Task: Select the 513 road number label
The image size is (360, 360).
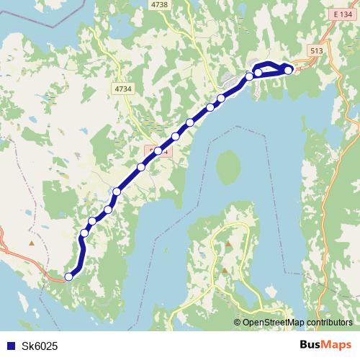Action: coord(317,50)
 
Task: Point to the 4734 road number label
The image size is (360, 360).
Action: coord(123,88)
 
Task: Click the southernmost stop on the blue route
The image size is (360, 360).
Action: coord(69,276)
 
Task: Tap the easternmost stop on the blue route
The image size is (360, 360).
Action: coord(289,70)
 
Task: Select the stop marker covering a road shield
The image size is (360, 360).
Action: coord(158,151)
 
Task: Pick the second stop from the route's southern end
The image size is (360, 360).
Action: coord(84,233)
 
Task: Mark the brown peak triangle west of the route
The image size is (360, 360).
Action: coord(31,242)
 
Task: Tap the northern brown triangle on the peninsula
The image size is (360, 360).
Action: coord(228,244)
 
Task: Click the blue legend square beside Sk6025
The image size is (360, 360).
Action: coord(9,346)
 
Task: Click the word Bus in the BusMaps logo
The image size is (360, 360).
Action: coord(311,346)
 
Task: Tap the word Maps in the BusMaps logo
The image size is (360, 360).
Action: coord(337,346)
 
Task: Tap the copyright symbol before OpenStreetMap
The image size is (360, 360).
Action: coord(238,323)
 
